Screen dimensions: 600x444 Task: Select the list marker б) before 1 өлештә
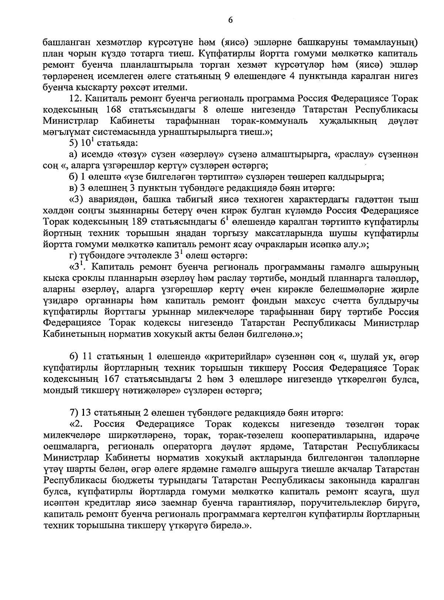tap(74, 177)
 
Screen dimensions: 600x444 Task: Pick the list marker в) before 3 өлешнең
tap(74, 188)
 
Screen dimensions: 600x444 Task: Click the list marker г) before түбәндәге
tap(73, 255)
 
